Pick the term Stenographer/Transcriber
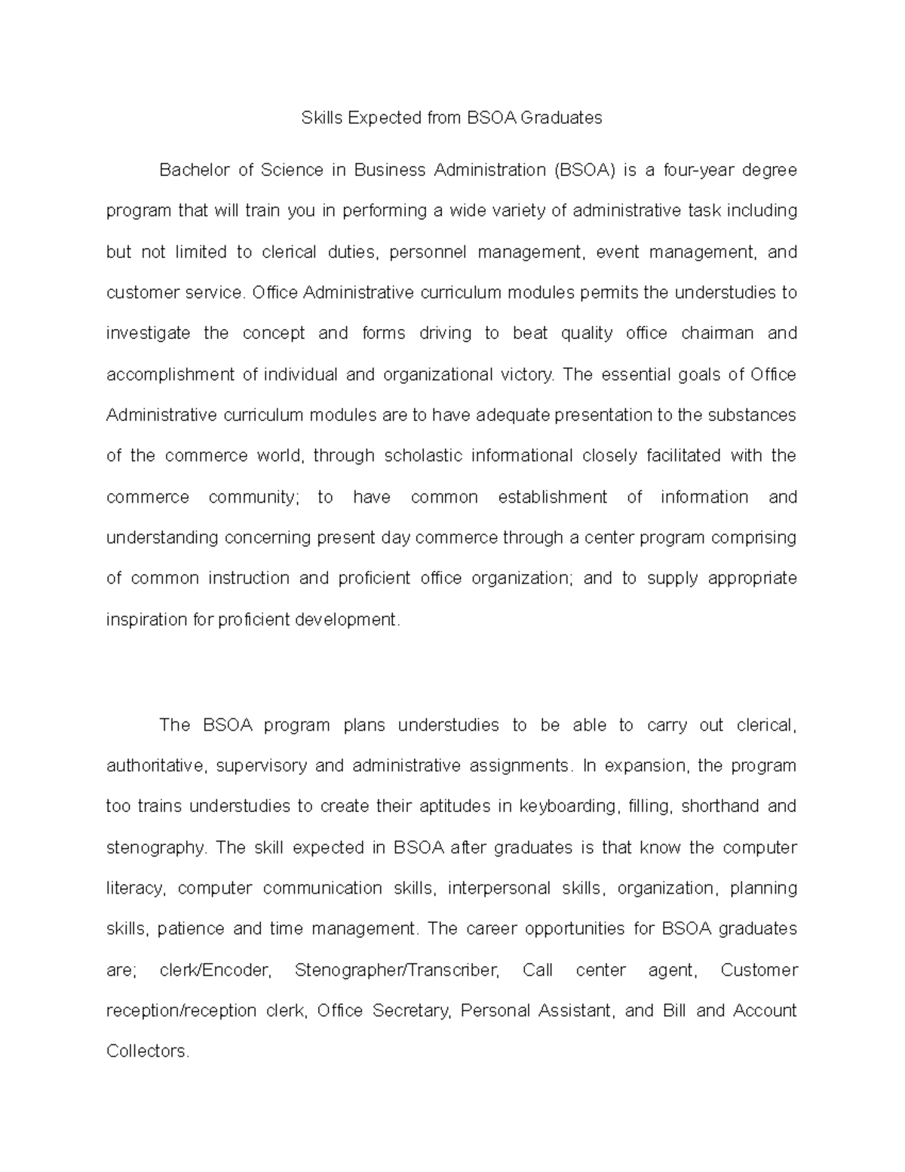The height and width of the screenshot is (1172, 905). point(397,970)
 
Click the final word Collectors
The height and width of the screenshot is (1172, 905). point(147,1051)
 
